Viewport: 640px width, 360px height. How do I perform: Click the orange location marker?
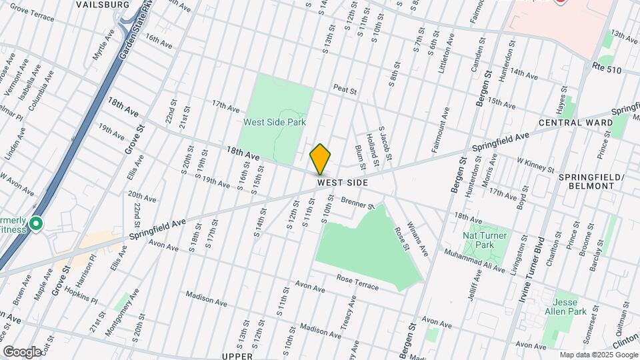320,159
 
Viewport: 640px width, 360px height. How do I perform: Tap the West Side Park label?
274,122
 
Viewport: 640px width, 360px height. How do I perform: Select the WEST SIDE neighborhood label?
342,182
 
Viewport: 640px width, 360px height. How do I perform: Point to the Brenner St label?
358,203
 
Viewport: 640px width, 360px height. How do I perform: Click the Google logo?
21,351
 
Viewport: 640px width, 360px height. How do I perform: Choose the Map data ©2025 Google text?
598,355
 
